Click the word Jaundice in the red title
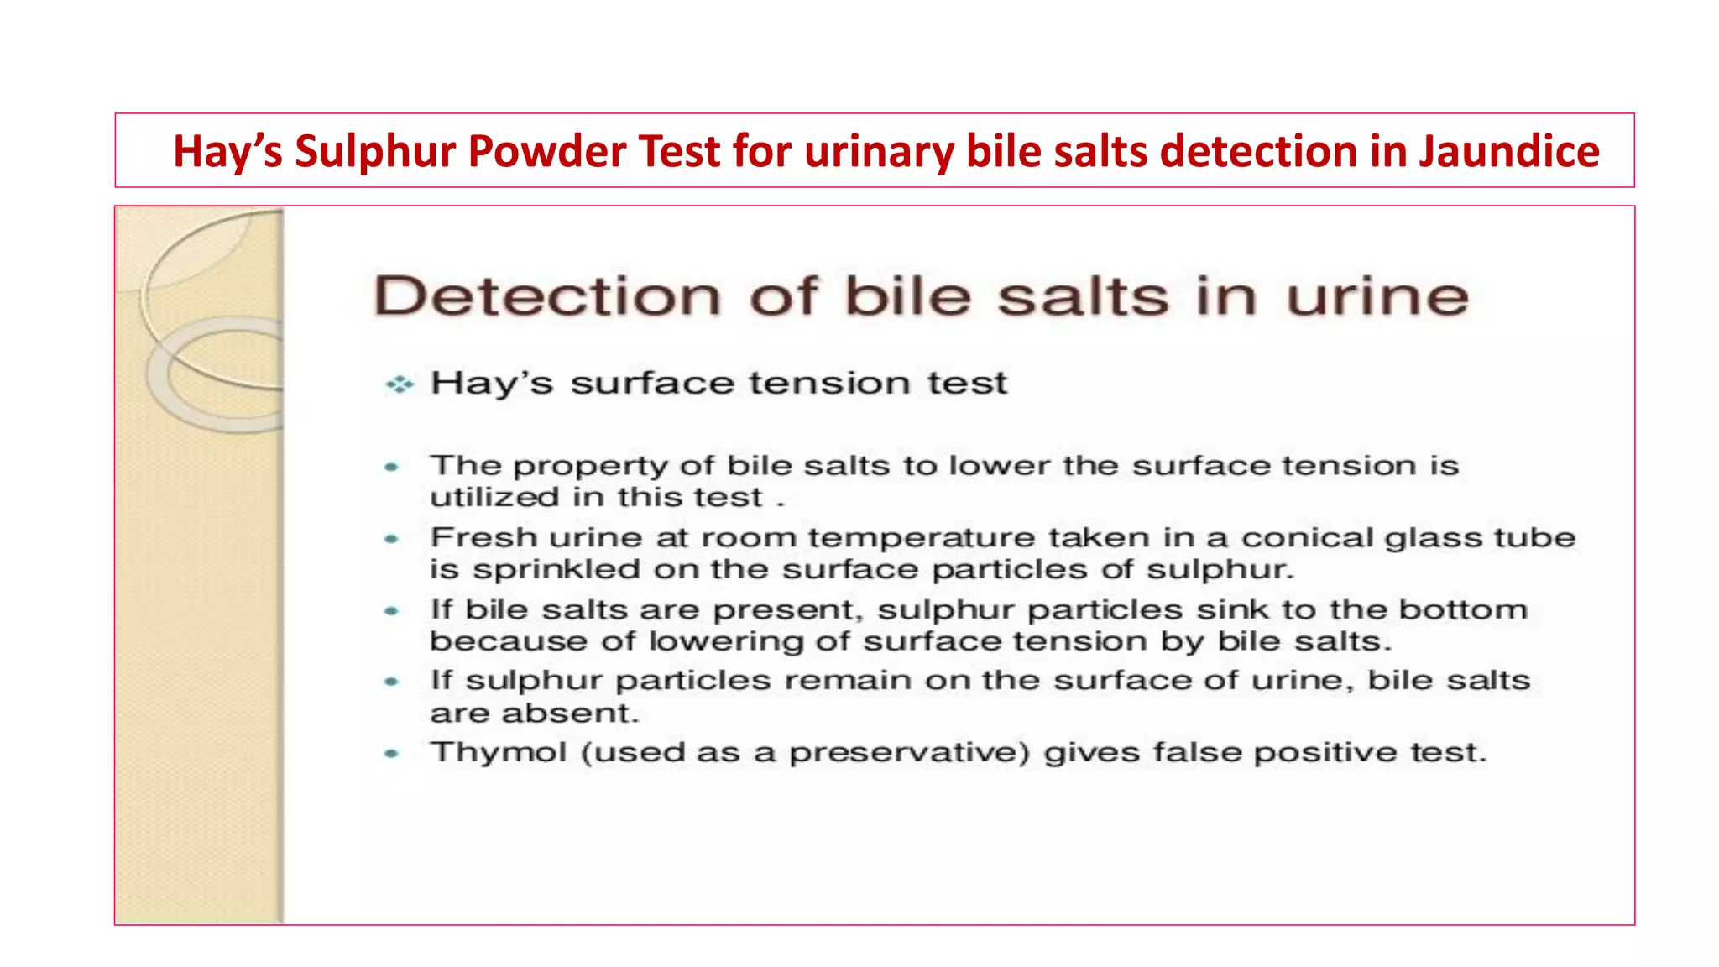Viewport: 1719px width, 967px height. [1508, 152]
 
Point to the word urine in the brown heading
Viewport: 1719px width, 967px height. [1377, 296]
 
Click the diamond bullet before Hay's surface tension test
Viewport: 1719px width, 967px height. [400, 384]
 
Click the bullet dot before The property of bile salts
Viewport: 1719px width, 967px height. [391, 467]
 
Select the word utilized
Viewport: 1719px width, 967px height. [494, 497]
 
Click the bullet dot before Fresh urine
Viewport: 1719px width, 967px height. [391, 539]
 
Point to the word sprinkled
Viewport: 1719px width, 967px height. [556, 569]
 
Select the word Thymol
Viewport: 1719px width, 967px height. [499, 753]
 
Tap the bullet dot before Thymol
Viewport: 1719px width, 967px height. [391, 754]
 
